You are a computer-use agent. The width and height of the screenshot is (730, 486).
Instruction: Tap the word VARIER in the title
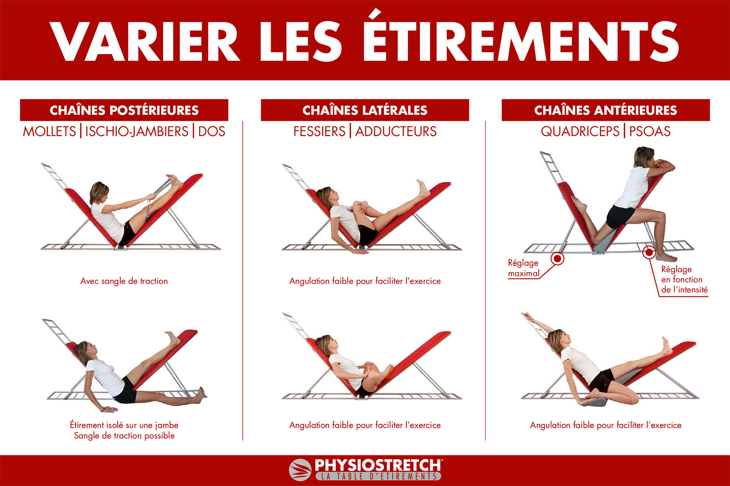145,41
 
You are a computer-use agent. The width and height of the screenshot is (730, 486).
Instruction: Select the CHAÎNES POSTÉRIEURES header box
124,110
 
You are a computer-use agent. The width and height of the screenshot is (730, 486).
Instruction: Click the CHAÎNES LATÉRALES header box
365,110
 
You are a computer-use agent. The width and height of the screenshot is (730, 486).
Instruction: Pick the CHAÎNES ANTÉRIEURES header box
606,110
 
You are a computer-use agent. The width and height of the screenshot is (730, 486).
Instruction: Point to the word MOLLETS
49,132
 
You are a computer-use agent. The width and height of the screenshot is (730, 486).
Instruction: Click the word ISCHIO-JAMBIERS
137,132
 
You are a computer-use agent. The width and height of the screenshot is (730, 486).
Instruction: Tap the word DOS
212,132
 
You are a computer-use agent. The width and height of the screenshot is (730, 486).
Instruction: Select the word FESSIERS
319,132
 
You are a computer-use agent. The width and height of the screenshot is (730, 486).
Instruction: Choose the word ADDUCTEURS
396,132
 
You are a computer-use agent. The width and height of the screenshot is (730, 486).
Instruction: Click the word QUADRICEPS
580,132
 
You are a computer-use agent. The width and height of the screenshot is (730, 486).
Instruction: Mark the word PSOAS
650,132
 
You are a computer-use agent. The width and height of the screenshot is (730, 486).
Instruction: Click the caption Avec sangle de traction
124,281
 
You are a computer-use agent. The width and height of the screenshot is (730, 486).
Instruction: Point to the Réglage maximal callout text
523,268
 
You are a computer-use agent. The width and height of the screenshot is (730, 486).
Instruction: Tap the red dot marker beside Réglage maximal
558,259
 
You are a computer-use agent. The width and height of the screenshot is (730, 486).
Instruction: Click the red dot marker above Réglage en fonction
649,252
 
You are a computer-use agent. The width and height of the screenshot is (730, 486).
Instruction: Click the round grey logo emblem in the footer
300,470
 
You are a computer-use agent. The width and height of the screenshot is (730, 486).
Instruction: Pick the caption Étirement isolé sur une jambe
124,425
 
